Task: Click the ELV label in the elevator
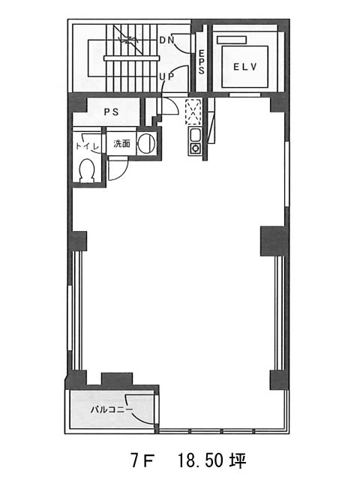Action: click(x=245, y=67)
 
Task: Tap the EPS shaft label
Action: click(x=201, y=62)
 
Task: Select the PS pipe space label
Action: click(x=112, y=112)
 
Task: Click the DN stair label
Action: click(x=166, y=40)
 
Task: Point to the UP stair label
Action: click(x=166, y=76)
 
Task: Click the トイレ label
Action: click(x=87, y=146)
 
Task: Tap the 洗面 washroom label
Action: click(x=121, y=143)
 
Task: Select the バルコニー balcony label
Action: click(x=112, y=409)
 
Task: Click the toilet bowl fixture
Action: click(x=87, y=170)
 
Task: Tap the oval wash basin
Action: click(x=147, y=143)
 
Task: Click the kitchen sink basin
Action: click(x=195, y=135)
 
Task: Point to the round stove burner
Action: click(x=195, y=148)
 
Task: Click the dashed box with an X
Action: click(x=193, y=112)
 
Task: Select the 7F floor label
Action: click(x=142, y=460)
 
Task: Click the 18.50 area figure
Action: click(x=200, y=460)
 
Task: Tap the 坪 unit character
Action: click(x=238, y=460)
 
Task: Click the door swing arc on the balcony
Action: click(x=139, y=412)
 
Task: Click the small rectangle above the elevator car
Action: click(x=232, y=40)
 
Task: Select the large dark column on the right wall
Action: click(x=273, y=241)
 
